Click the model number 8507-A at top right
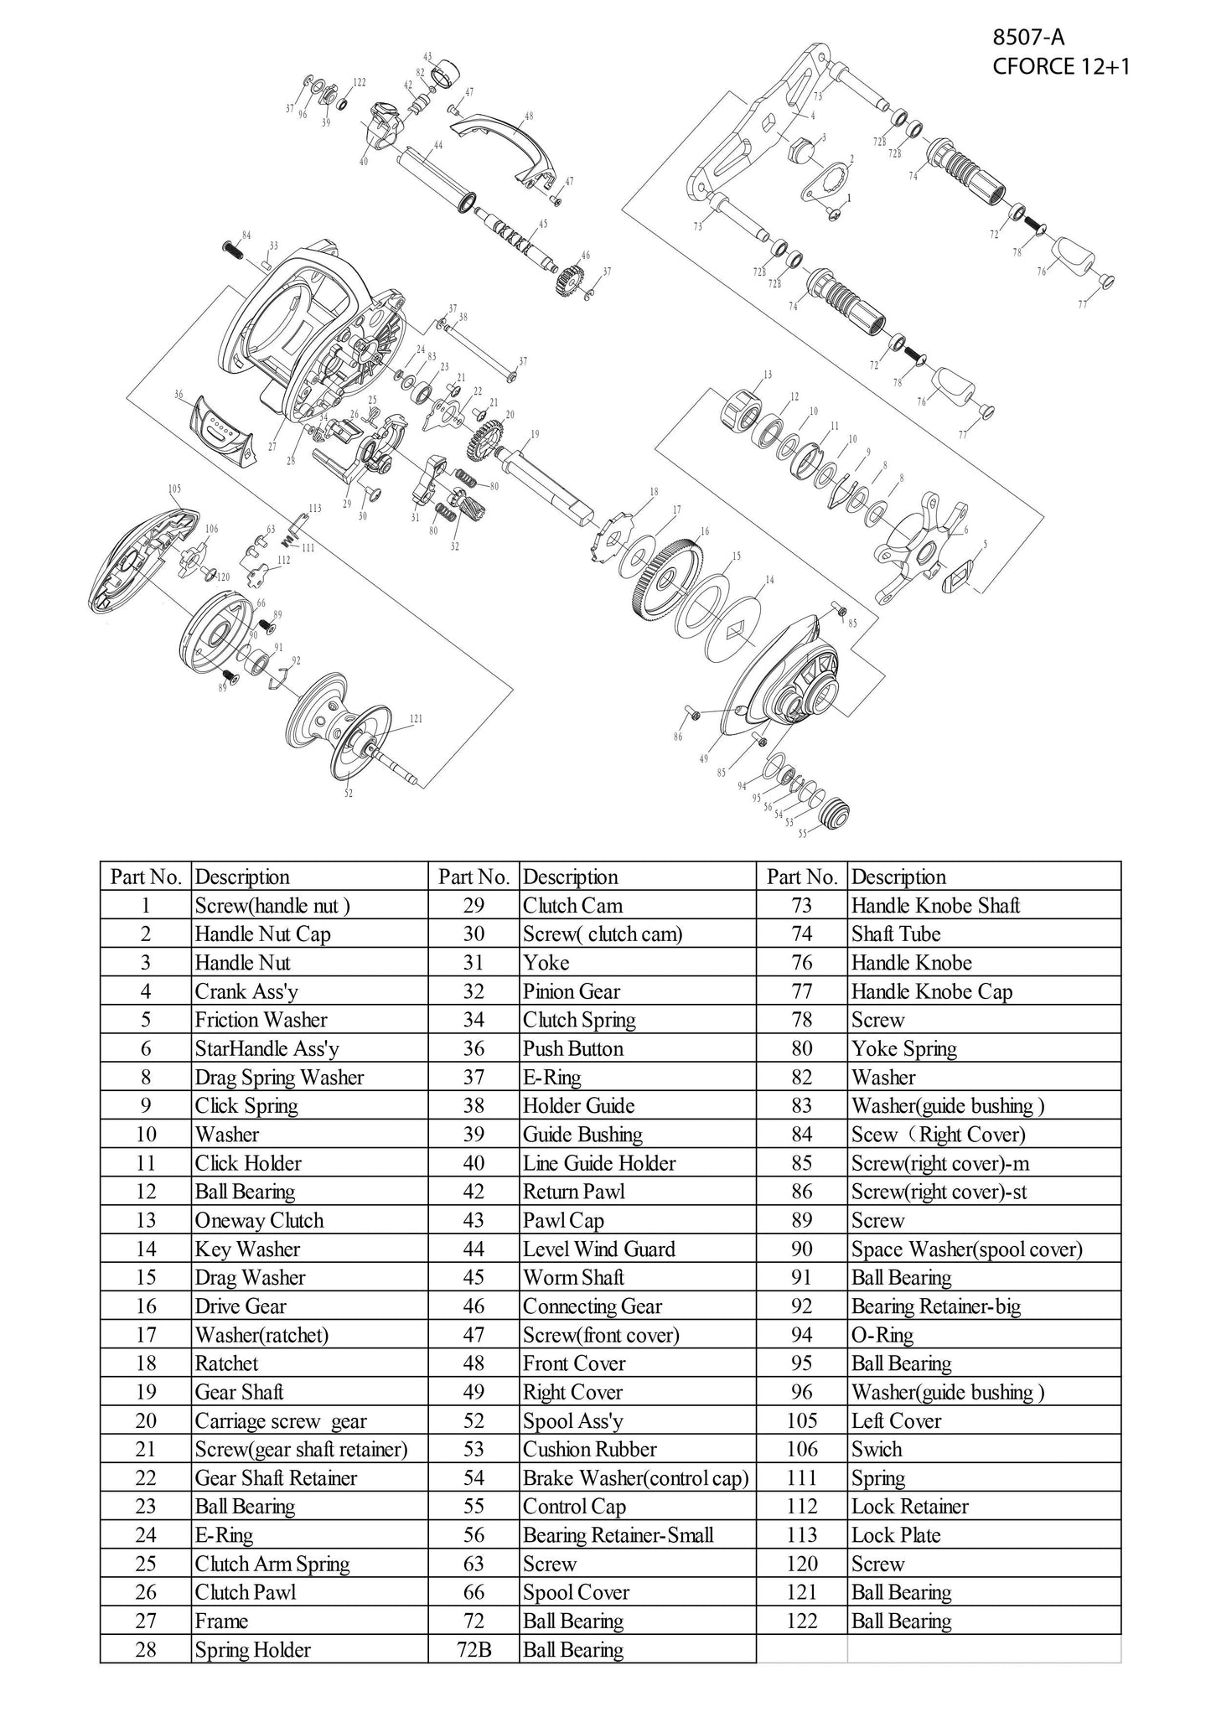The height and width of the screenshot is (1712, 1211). click(1028, 37)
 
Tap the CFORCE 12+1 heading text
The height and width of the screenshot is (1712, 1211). click(1060, 66)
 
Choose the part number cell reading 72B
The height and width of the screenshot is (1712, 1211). click(474, 1650)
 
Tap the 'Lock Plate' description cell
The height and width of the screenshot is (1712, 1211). click(896, 1535)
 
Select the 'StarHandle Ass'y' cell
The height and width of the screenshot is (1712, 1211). click(267, 1048)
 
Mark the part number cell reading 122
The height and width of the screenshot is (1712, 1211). click(801, 1621)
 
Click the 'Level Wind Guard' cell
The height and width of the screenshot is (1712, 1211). click(598, 1249)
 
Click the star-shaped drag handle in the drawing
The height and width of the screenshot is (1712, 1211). click(923, 545)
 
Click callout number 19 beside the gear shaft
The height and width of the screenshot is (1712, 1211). click(535, 434)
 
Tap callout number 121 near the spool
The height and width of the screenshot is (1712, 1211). click(416, 718)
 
